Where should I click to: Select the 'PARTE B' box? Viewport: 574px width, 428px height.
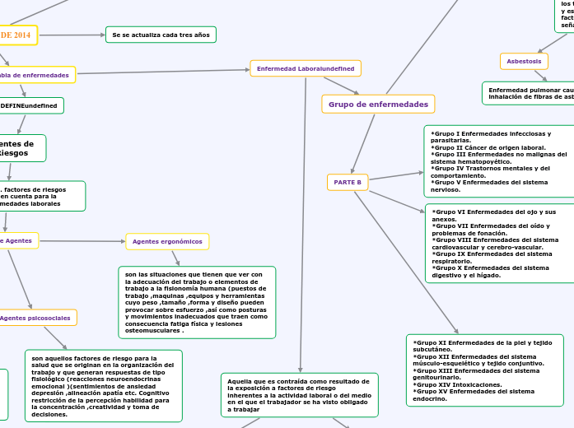[348, 182]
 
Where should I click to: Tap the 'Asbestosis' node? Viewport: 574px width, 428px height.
[524, 61]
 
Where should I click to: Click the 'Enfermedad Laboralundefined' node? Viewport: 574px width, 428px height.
[306, 68]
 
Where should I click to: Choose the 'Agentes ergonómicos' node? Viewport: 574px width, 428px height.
[167, 241]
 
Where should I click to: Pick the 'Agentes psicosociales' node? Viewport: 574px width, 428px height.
[36, 318]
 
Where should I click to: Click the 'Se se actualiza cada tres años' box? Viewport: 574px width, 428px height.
[161, 35]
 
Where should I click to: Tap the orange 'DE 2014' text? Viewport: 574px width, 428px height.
[16, 35]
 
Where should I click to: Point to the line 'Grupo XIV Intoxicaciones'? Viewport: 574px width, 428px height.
[453, 384]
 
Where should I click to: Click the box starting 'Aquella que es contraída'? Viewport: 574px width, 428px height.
[300, 395]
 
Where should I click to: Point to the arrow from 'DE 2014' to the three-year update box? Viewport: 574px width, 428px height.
[71, 35]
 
